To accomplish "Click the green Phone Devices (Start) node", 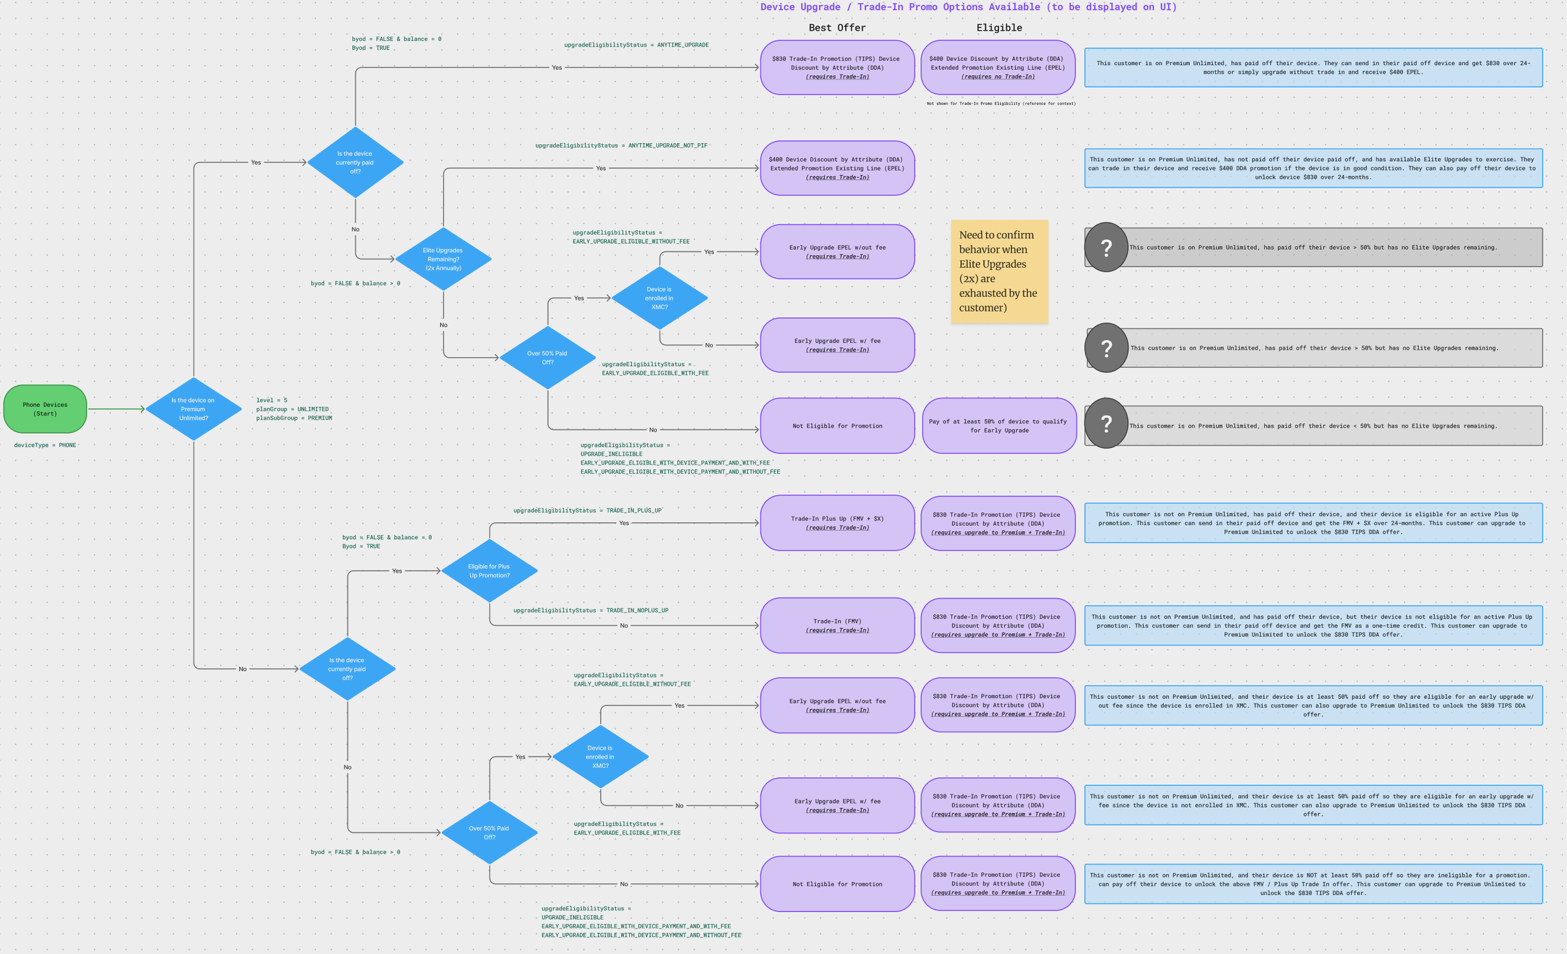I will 45,409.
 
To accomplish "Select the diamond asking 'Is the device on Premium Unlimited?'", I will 193,409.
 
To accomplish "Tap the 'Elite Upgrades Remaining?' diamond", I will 443,259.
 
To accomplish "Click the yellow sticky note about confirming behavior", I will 998,271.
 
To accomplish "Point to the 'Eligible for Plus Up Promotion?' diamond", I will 489,570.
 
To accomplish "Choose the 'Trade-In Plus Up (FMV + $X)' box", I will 837,523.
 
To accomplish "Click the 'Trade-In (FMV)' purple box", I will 837,625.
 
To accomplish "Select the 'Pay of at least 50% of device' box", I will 998,426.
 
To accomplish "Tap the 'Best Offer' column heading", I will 837,28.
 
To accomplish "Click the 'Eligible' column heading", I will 999,28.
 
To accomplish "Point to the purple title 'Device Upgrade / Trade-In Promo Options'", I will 968,7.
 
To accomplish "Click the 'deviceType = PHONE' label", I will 45,445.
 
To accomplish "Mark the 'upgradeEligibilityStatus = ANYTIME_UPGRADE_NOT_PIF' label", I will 621,145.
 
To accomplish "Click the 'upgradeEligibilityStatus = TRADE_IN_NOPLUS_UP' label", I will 590,611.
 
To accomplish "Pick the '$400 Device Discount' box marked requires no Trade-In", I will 997,68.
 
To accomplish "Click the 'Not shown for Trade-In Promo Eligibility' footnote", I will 1001,103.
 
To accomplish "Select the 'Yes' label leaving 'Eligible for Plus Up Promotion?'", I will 624,523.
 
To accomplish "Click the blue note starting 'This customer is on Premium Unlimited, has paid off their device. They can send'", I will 1313,68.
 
